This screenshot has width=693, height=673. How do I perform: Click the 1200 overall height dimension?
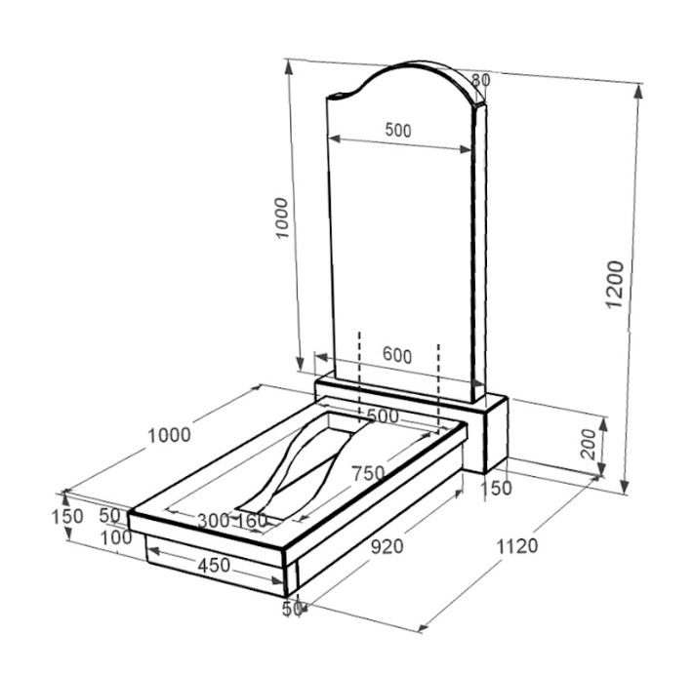(x=615, y=285)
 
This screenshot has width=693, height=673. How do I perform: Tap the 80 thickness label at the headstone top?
(x=481, y=80)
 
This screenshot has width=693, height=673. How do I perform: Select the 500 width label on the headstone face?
(x=398, y=131)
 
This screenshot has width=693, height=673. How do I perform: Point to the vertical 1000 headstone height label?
(x=281, y=218)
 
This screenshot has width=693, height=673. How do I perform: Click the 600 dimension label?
(x=397, y=355)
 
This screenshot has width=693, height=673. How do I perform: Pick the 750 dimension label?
(x=368, y=473)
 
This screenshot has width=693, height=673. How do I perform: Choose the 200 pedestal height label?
(x=590, y=444)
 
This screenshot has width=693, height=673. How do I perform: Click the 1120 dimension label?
(x=517, y=546)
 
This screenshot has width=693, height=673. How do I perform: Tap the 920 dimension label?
(x=387, y=547)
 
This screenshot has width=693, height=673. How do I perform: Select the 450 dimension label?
(x=214, y=566)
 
